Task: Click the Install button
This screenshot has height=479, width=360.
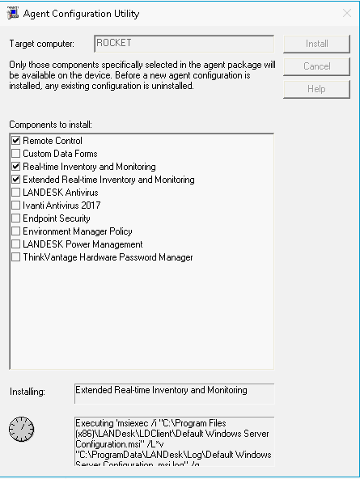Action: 316,44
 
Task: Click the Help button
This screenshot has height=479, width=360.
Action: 316,89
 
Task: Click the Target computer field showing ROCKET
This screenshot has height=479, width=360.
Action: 184,44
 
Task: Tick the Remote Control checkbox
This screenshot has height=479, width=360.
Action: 15,141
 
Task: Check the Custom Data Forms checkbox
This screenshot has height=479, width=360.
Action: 15,154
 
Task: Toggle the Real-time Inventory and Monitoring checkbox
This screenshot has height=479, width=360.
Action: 15,167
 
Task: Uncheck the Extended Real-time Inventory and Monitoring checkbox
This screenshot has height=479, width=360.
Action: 15,180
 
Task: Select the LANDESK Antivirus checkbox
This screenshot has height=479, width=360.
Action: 15,193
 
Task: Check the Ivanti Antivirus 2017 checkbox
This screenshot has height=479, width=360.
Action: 15,206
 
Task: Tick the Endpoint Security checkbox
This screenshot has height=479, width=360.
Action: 15,218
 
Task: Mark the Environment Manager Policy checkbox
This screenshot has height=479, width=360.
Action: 15,231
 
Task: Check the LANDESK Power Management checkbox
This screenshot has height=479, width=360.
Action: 15,244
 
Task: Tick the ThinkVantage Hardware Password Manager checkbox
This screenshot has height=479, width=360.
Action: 15,257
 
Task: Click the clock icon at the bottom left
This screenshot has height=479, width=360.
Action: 22,429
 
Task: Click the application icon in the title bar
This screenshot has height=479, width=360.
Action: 12,13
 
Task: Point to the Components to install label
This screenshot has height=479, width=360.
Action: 51,125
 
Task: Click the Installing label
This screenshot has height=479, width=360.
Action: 28,392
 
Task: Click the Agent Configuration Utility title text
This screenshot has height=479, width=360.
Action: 81,14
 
